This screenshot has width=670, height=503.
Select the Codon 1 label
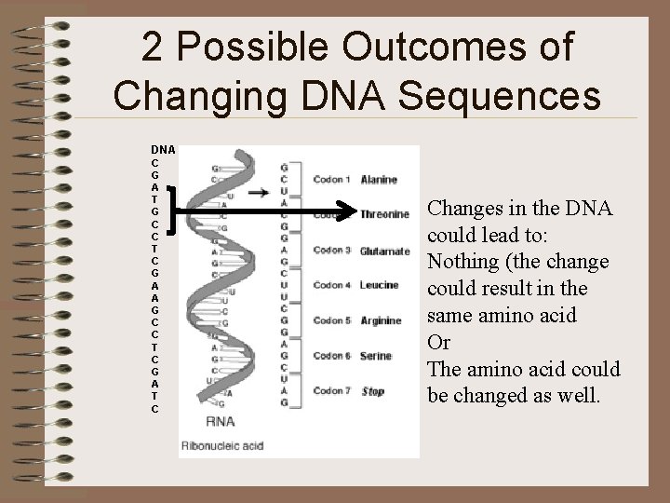(x=331, y=179)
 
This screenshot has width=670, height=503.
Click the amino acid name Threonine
(x=384, y=214)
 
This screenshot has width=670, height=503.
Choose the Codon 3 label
(x=331, y=250)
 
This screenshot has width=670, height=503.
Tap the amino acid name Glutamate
(x=384, y=251)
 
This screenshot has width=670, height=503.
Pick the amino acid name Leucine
(x=379, y=285)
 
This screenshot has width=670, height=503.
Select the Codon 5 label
(x=331, y=320)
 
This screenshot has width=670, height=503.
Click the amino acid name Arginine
(x=381, y=321)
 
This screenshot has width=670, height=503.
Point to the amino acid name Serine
(x=376, y=356)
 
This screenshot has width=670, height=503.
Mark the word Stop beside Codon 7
(x=372, y=391)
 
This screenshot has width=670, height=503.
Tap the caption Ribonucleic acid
(x=223, y=445)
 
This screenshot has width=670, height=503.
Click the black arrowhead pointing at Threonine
(x=348, y=213)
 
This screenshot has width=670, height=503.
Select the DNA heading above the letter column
(x=164, y=149)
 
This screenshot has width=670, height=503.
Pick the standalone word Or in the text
(x=438, y=343)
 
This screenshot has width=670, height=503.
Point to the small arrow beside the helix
(x=260, y=194)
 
